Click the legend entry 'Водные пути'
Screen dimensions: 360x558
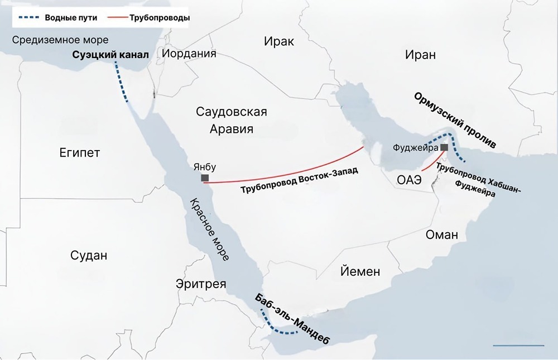[71, 18]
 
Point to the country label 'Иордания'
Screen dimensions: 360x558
[189, 54]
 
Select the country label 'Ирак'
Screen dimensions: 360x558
[279, 42]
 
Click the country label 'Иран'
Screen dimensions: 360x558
[421, 54]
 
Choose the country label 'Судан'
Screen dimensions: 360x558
[89, 256]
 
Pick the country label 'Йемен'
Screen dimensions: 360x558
[360, 272]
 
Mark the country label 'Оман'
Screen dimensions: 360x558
[441, 234]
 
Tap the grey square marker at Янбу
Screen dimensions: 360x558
[205, 178]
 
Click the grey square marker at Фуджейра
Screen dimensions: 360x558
[444, 147]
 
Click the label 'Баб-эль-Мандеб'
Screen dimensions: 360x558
[292, 319]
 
